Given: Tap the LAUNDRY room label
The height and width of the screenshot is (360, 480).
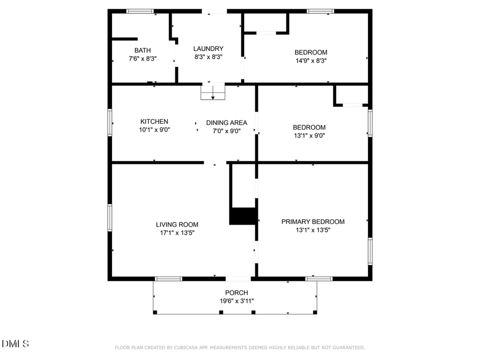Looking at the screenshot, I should (x=208, y=49).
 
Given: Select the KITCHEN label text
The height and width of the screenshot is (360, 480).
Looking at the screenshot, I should (x=154, y=122).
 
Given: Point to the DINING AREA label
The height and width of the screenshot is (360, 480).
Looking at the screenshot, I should (x=227, y=123).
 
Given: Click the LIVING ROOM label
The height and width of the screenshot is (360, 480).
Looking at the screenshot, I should (x=177, y=225).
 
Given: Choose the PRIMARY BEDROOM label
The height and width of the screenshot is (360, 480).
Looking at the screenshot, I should (x=313, y=222).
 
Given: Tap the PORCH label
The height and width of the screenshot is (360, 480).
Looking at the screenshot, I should (x=236, y=293).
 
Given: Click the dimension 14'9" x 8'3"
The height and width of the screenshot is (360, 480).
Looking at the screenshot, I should (x=310, y=61).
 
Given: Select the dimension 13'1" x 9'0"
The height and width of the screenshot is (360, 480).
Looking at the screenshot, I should (x=309, y=135).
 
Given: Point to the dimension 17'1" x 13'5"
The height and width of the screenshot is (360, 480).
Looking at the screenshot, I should (x=177, y=233).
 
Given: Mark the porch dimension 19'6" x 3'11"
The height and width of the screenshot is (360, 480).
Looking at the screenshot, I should (x=236, y=301).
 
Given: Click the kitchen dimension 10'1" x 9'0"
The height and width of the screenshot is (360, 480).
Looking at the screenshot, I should (x=154, y=130).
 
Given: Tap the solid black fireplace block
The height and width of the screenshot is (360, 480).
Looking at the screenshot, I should (x=243, y=215).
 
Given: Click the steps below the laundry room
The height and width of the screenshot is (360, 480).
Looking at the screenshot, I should (x=213, y=92).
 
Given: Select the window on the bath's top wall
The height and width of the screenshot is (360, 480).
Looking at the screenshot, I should (x=140, y=11).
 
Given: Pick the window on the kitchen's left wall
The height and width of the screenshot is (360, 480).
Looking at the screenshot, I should (x=110, y=123).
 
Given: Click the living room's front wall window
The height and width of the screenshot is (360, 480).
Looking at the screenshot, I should (x=168, y=278).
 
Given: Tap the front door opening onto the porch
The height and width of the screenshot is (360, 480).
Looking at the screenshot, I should (x=238, y=278).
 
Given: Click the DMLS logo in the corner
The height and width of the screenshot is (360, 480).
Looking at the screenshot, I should (x=15, y=343).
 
